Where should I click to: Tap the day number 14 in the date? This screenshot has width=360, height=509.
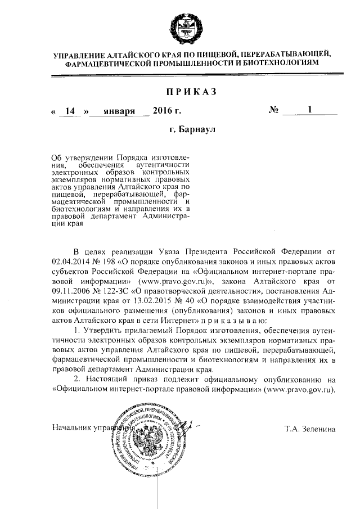pos(70,111)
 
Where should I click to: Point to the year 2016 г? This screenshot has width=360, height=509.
pos(166,111)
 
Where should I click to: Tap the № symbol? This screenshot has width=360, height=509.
pos(274,111)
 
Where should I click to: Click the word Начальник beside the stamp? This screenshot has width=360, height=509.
pos(71,429)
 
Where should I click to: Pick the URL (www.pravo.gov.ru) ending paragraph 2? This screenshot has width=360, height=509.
pos(296,389)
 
